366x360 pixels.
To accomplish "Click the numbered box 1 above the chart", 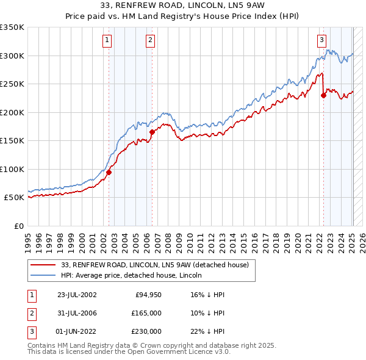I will (107, 41).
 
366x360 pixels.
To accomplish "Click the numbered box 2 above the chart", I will (150, 41).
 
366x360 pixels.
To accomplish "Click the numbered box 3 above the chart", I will (321, 41).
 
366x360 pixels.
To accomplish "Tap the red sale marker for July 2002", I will (109, 172).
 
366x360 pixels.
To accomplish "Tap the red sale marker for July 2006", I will (152, 131).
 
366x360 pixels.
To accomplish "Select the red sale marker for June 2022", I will (323, 95).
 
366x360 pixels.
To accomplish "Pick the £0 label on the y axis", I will (18, 226).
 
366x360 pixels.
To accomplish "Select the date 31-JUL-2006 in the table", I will (77, 313).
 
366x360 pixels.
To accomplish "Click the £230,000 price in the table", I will (146, 331).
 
